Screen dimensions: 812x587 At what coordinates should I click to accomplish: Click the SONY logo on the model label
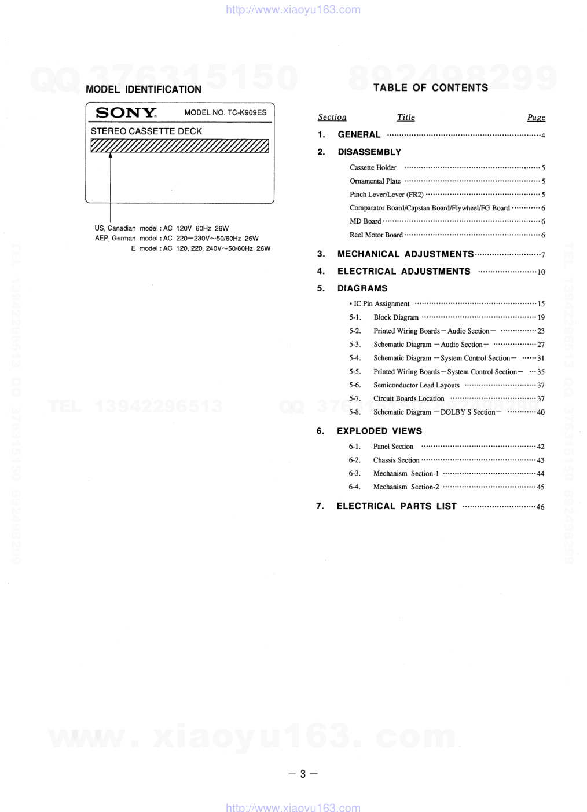(126, 113)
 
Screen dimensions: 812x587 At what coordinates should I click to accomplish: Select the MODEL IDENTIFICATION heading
(144, 89)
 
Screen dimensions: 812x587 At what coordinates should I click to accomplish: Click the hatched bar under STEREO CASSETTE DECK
(179, 146)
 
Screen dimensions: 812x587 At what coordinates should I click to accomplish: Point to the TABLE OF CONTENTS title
(431, 87)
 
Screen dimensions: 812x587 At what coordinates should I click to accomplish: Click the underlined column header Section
(332, 117)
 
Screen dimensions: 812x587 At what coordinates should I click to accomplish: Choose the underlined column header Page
(536, 118)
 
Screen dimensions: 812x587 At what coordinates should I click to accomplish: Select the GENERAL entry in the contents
(359, 134)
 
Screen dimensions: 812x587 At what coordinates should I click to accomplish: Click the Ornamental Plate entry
(375, 181)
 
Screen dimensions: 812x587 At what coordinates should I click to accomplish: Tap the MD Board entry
(365, 221)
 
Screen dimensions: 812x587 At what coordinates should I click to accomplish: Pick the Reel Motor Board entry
(376, 235)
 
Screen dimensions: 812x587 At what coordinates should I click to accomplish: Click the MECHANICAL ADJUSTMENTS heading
(405, 254)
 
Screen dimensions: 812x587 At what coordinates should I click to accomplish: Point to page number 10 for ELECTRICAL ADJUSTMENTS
(541, 272)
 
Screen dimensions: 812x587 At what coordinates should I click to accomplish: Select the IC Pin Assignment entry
(381, 303)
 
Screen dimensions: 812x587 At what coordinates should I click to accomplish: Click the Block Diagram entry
(396, 317)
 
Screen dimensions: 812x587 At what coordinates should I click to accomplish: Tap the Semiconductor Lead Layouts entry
(416, 385)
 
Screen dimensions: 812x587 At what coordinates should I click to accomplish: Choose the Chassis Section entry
(396, 460)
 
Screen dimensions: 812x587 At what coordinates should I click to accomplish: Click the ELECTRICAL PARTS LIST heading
(397, 506)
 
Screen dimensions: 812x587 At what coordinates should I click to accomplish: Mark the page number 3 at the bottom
(303, 774)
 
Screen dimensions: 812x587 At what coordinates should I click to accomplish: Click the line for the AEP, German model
(177, 238)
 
